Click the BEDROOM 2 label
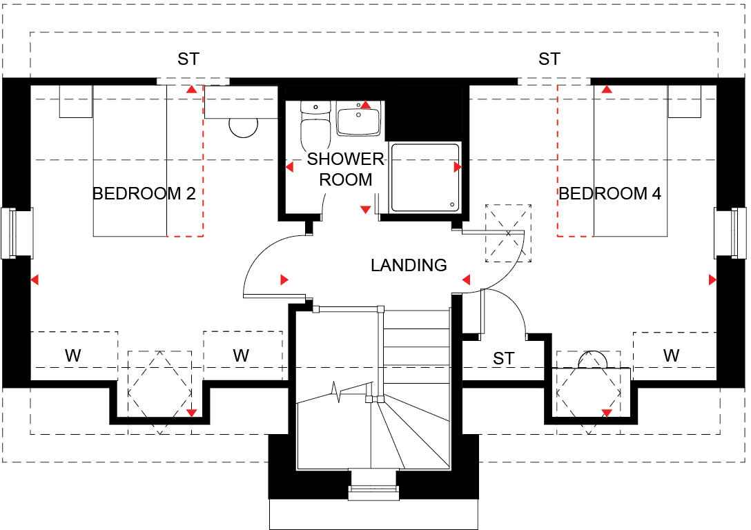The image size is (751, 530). (x=144, y=194)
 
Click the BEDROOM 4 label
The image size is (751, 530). (x=609, y=194)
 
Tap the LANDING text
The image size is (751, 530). (x=409, y=265)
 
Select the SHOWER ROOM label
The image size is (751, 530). (x=345, y=170)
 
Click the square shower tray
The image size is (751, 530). (x=425, y=177)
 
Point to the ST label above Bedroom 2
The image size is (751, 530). (x=188, y=59)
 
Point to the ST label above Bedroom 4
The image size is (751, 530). (x=549, y=59)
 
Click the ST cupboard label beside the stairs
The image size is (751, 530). (x=504, y=359)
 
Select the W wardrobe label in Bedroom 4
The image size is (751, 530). (x=671, y=356)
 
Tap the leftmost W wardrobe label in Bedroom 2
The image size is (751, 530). (x=72, y=356)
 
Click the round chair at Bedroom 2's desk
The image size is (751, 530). (x=242, y=126)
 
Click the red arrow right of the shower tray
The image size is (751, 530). (x=457, y=167)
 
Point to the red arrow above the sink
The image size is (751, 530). (x=366, y=105)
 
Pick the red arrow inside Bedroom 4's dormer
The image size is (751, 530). (x=607, y=413)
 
